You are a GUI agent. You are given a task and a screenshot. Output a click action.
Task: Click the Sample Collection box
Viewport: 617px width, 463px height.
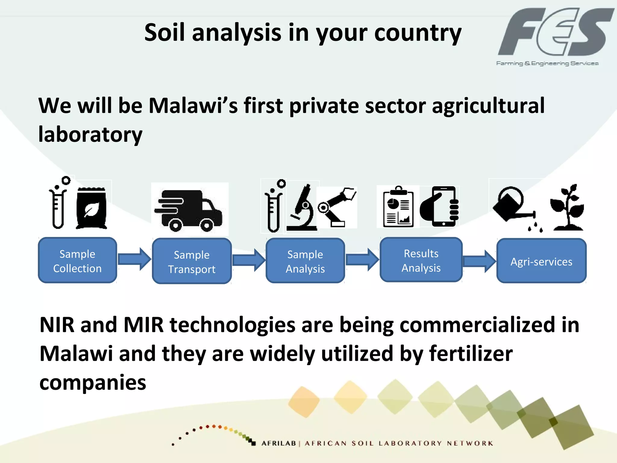[x=77, y=260]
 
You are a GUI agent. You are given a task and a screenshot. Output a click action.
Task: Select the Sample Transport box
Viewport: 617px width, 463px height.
[x=192, y=261]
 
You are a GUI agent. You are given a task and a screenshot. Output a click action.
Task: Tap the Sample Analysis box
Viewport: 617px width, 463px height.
[x=305, y=261]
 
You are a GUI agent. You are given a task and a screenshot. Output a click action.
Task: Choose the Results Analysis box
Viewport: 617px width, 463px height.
[x=421, y=260]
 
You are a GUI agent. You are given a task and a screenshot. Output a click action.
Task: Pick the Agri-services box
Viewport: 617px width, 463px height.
[x=541, y=261]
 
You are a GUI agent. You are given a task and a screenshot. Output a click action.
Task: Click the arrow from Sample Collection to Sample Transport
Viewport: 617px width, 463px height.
[x=134, y=259]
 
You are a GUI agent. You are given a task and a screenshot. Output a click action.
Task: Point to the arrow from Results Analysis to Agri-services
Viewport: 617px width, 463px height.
[x=479, y=261]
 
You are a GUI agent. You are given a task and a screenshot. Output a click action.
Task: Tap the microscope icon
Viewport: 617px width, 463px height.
[x=302, y=208]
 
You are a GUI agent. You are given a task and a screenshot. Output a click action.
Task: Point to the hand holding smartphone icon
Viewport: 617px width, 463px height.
[x=440, y=207]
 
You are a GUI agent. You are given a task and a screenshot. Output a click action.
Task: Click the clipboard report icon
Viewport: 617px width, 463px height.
[x=398, y=207]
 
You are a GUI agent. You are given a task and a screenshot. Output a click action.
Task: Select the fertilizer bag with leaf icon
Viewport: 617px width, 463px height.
[x=91, y=208]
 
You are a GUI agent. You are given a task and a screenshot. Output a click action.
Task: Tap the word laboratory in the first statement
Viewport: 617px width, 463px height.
[x=90, y=134]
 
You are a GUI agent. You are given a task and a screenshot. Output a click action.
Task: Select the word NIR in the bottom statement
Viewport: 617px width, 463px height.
[x=57, y=325]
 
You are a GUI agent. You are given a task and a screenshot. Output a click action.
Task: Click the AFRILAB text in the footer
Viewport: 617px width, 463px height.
[x=279, y=443]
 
